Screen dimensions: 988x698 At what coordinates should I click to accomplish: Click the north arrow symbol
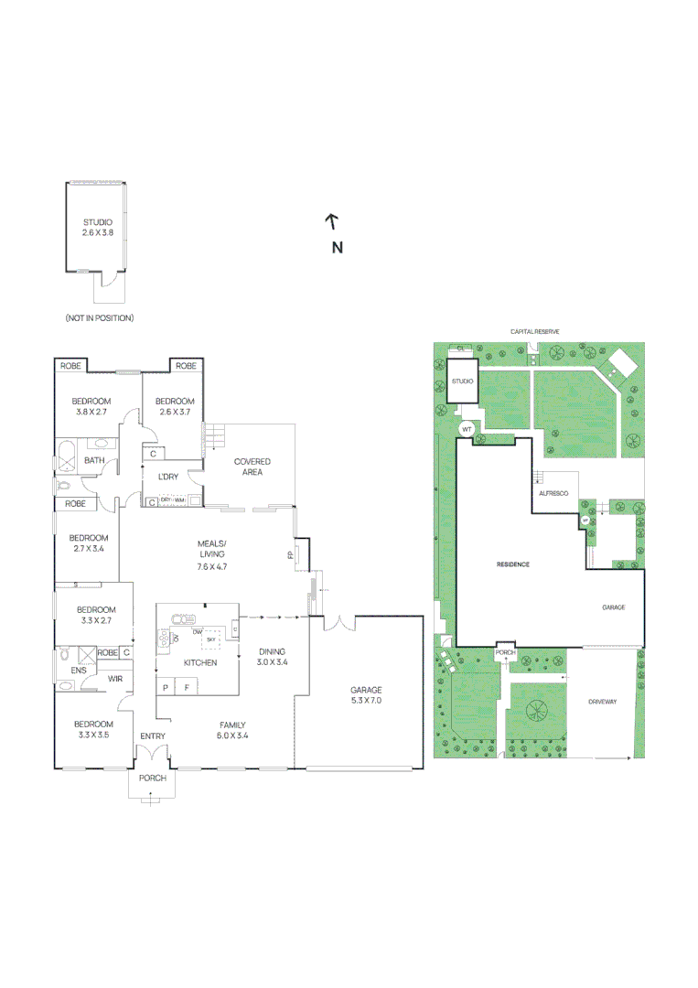[x=332, y=220]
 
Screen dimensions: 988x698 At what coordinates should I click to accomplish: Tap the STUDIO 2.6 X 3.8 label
[x=98, y=228]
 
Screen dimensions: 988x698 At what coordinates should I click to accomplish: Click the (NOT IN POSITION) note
[x=100, y=317]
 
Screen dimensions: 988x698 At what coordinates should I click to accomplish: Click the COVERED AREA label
[x=252, y=467]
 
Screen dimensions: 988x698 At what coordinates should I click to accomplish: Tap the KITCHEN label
[x=200, y=662]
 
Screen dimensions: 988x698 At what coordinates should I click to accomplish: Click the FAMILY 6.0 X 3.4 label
[x=232, y=729]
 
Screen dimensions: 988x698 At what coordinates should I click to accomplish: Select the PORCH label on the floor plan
[x=153, y=779]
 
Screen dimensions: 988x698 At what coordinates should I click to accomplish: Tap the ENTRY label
[x=152, y=736]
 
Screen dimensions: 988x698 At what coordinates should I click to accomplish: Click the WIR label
[x=115, y=679]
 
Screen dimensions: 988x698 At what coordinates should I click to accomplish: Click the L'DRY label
[x=167, y=477]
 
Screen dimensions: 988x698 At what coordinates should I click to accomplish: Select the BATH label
[x=94, y=460]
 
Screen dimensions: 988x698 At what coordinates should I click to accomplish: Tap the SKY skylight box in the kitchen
[x=211, y=639]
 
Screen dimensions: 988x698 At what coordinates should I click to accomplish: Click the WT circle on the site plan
[x=466, y=428]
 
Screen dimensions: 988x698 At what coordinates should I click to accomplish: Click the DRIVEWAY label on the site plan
[x=604, y=702]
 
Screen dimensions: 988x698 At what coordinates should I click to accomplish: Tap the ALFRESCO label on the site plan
[x=553, y=493]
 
